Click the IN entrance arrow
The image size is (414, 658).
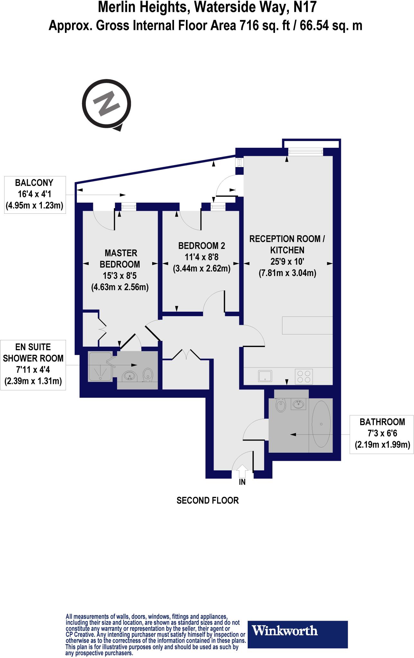point(242,472)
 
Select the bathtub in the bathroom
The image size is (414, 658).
point(321,424)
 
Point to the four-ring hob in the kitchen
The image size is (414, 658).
point(304,376)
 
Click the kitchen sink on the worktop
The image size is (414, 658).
point(265,376)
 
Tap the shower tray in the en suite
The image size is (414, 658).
point(100,366)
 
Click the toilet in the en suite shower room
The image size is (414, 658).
point(148,374)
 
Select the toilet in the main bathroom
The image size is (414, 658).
point(281,405)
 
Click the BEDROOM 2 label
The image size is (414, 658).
point(202,246)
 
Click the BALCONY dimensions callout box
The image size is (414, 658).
point(34,194)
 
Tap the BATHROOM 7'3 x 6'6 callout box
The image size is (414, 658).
point(382,433)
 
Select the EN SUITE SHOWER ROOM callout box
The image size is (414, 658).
point(33,364)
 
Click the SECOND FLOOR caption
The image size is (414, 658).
point(207,500)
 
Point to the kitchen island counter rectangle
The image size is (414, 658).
point(307,325)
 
